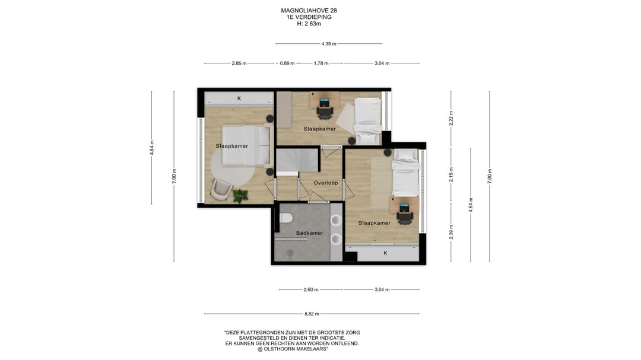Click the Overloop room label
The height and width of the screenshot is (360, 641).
[x=326, y=183]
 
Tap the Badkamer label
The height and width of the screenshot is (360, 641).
[x=309, y=233]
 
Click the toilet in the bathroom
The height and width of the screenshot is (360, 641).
[x=285, y=218]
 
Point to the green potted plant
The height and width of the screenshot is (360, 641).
[x=240, y=196]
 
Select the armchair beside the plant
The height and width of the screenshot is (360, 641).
[x=221, y=190]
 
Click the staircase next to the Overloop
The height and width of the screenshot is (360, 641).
[x=297, y=160]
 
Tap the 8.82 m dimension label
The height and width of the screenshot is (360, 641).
[x=312, y=314]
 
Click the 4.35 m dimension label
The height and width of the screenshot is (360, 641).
[x=329, y=44]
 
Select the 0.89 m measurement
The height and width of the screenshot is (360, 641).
[x=287, y=63]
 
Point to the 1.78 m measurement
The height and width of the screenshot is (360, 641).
[x=321, y=63]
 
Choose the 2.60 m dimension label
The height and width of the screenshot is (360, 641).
[x=310, y=289]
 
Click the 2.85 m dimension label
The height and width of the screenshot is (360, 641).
[x=239, y=63]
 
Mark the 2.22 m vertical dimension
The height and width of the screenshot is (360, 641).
[x=451, y=118]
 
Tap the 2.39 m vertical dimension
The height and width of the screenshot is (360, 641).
[x=451, y=232]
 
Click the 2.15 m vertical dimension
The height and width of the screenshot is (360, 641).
[x=451, y=174]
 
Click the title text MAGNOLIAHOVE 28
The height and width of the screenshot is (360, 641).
[x=309, y=11]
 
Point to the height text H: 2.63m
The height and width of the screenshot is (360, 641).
[x=309, y=24]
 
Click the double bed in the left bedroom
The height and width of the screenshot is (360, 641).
[x=246, y=145]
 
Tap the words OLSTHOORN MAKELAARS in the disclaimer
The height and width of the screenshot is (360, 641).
[x=294, y=349]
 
